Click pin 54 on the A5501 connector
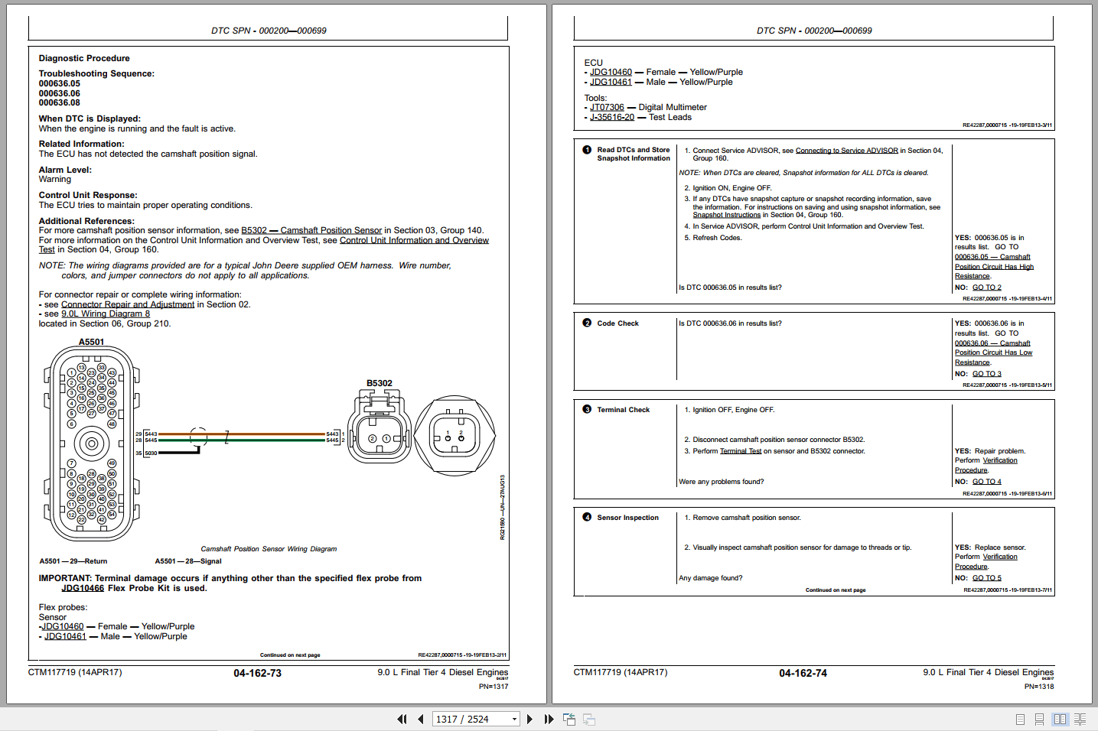112,515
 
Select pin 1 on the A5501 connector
71,373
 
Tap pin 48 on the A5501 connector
112,424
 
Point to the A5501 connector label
91,342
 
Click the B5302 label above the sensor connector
379,383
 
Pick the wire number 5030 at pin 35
151,453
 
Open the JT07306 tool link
607,107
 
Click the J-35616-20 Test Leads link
612,117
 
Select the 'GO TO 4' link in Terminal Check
986,482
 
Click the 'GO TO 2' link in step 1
986,288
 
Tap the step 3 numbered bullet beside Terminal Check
587,409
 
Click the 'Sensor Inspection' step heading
627,518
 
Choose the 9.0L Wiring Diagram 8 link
106,314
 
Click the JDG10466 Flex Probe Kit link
83,588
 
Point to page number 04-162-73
257,673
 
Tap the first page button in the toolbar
402,719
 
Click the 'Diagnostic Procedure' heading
84,58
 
